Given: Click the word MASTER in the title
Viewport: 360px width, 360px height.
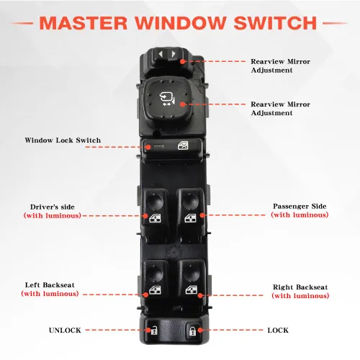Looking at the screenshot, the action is (83, 23).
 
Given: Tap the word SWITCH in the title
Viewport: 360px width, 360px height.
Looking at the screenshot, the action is (275, 23).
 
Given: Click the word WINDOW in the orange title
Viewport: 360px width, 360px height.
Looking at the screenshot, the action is (181, 23).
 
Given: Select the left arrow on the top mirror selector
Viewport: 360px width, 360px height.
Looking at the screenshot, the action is (161, 54).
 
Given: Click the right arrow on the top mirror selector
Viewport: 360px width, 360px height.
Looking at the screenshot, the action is (174, 54).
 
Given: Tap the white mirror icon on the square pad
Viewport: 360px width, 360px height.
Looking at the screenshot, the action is (167, 99).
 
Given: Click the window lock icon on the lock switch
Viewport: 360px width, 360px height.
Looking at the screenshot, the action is (183, 145).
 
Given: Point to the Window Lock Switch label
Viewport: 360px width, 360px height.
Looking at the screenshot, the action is (63, 140).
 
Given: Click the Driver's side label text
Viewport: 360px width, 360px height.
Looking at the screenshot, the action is (53, 207).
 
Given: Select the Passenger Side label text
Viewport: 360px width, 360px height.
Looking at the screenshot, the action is (300, 206).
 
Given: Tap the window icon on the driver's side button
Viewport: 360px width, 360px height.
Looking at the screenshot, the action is (155, 218).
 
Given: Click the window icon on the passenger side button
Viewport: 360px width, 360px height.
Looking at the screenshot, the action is (190, 218).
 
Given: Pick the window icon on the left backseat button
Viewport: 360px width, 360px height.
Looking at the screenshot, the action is (155, 290).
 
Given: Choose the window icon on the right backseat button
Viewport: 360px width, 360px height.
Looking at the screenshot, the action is (192, 289).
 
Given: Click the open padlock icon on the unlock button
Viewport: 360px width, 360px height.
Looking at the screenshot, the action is (153, 330).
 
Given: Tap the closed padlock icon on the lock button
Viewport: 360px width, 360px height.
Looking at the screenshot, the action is (192, 330).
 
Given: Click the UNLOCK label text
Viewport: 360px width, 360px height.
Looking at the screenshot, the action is (65, 330).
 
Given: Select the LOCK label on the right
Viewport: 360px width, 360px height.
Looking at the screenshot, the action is (278, 330).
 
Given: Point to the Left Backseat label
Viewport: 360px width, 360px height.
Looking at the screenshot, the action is (50, 285).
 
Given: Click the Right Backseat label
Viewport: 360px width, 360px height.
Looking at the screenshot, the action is (300, 287).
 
